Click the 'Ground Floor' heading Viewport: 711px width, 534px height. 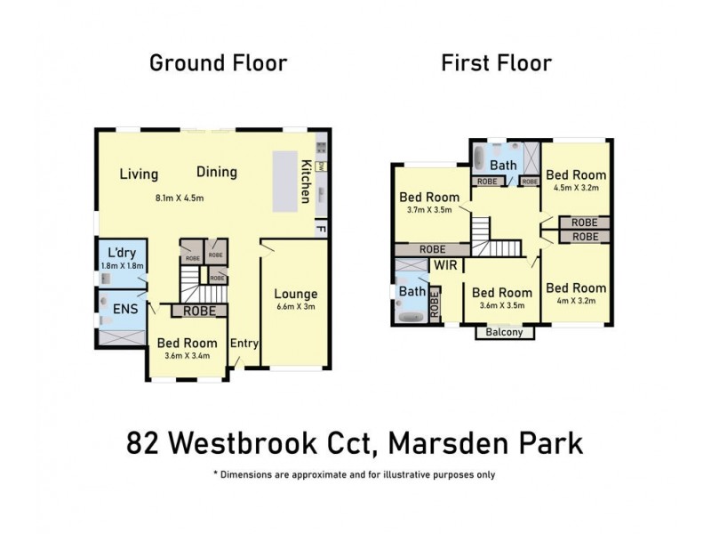pos(218,63)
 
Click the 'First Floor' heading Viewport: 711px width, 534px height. pos(496,63)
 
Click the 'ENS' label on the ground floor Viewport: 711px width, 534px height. pos(124,309)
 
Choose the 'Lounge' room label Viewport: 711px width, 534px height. pos(295,294)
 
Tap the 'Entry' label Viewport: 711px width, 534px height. pos(244,344)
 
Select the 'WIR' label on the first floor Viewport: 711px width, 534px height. pos(444,264)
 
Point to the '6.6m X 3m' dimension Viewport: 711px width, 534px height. pos(295,307)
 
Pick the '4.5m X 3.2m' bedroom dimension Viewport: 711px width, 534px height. pos(576,188)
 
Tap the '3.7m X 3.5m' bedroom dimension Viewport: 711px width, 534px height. pos(429,210)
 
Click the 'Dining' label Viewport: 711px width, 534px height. pos(217,172)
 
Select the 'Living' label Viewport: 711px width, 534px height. pos(139,174)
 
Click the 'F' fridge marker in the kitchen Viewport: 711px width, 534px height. pos(319,230)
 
